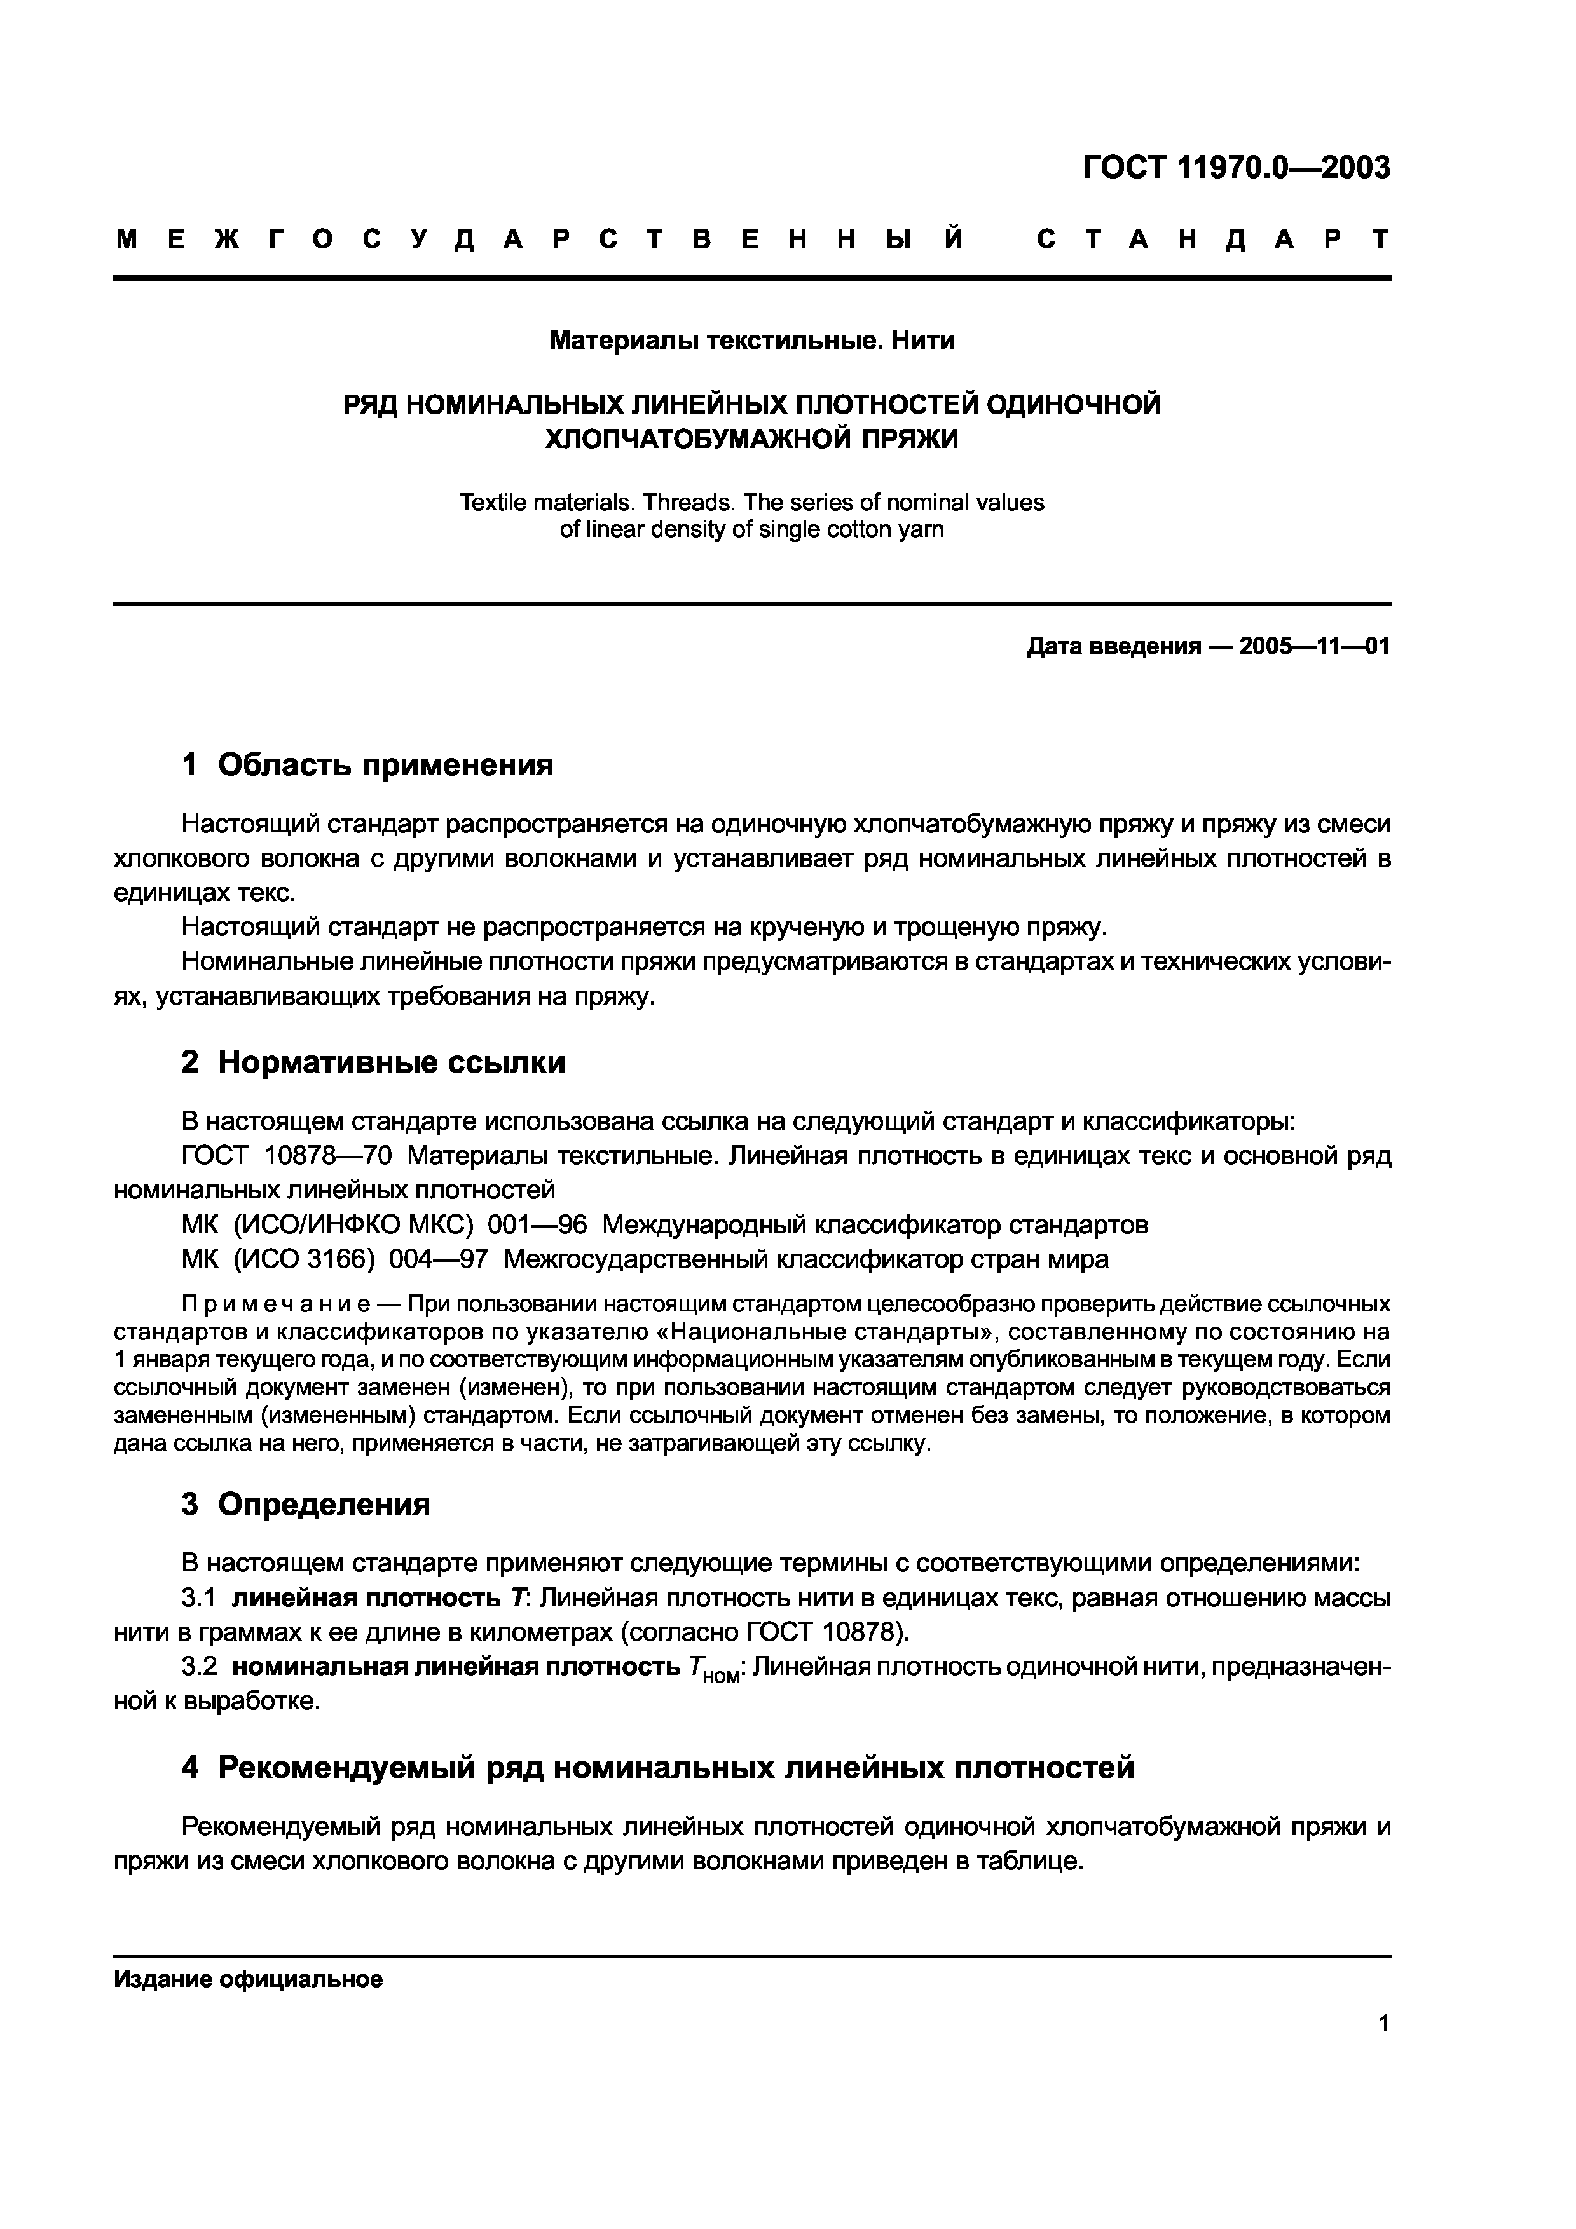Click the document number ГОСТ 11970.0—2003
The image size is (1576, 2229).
point(1236,168)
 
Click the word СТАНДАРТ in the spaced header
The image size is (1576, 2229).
point(1213,239)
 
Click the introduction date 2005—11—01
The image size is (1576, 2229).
point(1315,647)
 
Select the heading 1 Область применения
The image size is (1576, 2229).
point(367,765)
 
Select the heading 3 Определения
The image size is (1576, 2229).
point(305,1504)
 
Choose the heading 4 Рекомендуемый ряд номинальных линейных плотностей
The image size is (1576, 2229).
point(657,1767)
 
